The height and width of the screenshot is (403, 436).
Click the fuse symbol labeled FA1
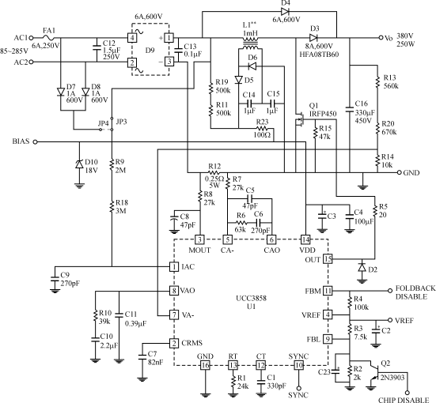[x=49, y=37]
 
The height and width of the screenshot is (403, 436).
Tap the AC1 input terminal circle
[x=31, y=38]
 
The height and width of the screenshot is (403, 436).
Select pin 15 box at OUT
[x=328, y=259]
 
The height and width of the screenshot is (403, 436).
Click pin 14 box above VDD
[x=305, y=239]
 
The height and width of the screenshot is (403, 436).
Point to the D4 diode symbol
[x=285, y=12]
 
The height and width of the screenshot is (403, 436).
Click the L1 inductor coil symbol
[x=250, y=43]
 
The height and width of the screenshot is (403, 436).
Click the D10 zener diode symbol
[x=80, y=164]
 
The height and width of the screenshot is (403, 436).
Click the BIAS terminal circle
[x=35, y=142]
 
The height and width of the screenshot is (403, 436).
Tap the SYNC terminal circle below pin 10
[x=298, y=388]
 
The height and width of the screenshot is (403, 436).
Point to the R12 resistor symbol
[x=214, y=172]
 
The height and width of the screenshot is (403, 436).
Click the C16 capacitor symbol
[x=350, y=109]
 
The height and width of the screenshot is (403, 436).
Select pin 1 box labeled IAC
[x=174, y=266]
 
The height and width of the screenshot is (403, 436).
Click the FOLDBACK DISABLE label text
[x=415, y=292]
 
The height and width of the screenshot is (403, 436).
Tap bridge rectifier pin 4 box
[x=132, y=37]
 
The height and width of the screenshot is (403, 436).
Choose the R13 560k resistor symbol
[x=377, y=81]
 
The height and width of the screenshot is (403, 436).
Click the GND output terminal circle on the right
[x=399, y=172]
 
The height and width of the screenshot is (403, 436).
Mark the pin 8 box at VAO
[x=174, y=291]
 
